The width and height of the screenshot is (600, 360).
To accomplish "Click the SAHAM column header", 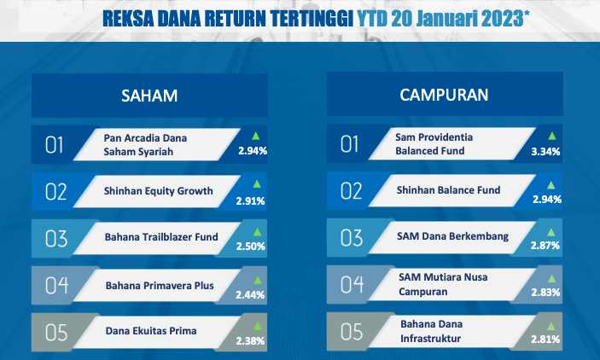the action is tap(149, 96).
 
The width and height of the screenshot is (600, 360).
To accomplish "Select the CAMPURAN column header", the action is tap(444, 95).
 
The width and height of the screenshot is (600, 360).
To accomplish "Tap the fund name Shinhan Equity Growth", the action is tap(159, 191).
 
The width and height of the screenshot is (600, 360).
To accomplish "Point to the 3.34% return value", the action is tap(545, 152).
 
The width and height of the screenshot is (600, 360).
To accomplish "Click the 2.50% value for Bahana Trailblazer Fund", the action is tap(251, 247).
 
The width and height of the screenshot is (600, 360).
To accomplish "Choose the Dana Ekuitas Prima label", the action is tap(151, 331).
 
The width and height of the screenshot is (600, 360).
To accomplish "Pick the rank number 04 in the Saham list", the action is tap(56, 286).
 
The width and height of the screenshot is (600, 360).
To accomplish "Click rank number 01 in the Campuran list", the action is tap(349, 144).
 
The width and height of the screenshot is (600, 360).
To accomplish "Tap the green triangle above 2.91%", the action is tap(257, 184).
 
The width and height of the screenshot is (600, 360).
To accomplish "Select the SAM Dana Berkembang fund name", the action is tap(452, 236).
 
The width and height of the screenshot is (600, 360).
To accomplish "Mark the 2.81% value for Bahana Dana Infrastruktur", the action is tap(545, 339).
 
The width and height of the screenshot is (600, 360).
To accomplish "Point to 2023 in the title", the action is tap(503, 19).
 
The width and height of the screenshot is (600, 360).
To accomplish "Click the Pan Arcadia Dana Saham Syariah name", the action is tap(145, 145).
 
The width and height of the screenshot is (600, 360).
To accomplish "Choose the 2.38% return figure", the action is tap(250, 340).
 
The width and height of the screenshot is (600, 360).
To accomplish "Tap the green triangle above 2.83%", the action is tap(551, 278).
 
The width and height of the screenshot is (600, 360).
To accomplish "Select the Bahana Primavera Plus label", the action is tap(160, 286).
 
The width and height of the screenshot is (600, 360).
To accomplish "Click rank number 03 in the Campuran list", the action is tap(352, 238).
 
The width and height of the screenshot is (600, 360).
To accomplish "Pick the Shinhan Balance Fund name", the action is tap(448, 190).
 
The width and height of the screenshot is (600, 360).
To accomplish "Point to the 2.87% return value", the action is tap(545, 245).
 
